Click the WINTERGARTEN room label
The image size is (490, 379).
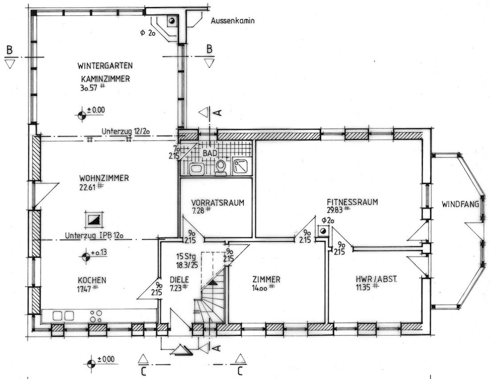point(105,65)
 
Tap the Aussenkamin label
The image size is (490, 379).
point(233,20)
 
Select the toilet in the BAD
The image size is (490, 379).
point(221,168)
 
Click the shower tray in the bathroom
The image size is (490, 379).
point(241,166)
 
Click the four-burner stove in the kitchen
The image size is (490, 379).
point(96,316)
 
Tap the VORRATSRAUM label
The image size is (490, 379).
point(218,203)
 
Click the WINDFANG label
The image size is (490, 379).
point(460,204)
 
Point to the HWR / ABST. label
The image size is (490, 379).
point(376,279)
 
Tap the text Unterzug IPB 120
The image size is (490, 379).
point(94,235)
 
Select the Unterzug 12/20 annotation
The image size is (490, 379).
point(126,131)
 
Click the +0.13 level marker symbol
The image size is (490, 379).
point(86,257)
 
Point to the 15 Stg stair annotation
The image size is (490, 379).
point(186,257)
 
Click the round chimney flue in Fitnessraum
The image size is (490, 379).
point(323,231)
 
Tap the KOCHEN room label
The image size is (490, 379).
point(92,280)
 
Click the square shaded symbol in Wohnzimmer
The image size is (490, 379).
point(94,220)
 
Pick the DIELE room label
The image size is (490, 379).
point(180,279)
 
